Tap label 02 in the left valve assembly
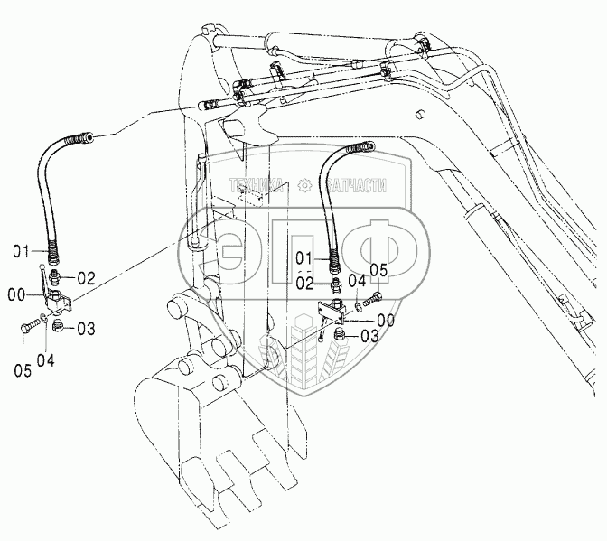click(87, 277)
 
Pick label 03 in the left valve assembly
click(87, 328)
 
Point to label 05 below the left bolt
click(23, 369)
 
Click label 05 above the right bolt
click(378, 270)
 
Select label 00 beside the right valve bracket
click(386, 320)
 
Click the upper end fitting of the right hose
click(370, 145)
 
